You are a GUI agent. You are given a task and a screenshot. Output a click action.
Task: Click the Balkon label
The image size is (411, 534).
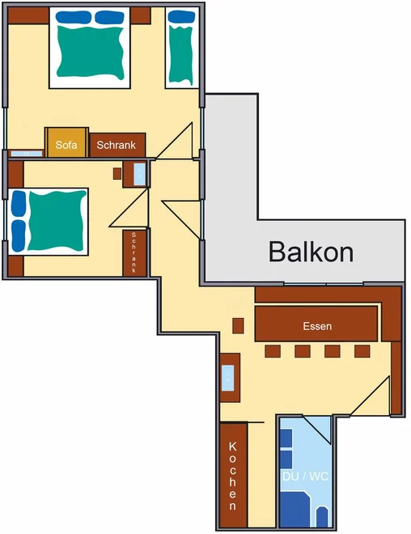click(311, 252)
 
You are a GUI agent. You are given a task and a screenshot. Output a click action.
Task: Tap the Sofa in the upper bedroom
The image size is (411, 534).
click(66, 142)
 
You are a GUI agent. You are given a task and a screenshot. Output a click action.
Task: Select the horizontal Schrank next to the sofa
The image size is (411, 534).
click(117, 145)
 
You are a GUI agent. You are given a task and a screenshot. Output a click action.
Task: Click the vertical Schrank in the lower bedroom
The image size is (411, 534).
click(134, 253)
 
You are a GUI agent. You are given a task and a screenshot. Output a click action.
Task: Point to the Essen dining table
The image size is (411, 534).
click(316, 324)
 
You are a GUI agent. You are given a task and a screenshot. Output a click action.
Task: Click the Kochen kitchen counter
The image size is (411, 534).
click(233, 475)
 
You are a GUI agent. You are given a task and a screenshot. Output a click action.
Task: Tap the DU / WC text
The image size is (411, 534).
click(306, 476)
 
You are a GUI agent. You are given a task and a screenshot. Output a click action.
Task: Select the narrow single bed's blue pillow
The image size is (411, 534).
click(181, 16)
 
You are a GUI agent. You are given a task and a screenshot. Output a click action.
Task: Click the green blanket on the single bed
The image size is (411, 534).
click(180, 54)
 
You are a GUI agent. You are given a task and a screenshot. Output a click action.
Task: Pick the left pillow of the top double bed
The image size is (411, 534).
click(73, 17)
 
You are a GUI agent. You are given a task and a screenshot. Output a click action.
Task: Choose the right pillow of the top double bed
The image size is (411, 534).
click(109, 17)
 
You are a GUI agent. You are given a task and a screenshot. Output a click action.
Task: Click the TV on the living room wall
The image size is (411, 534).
click(227, 378)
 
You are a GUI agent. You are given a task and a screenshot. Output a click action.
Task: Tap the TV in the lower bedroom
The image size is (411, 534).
click(140, 175)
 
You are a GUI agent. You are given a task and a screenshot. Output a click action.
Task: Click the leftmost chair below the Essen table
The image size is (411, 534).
click(273, 351)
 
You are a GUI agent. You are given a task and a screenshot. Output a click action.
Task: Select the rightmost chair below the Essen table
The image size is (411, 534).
click(362, 351)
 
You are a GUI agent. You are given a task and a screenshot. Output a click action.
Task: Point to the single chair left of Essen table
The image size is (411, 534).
click(238, 326)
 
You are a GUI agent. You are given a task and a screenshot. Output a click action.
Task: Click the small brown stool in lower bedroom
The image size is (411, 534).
click(117, 174)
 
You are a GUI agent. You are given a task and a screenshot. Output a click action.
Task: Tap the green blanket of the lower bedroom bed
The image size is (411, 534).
click(57, 220)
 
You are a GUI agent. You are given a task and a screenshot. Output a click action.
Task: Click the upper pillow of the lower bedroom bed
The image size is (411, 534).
click(19, 204)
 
